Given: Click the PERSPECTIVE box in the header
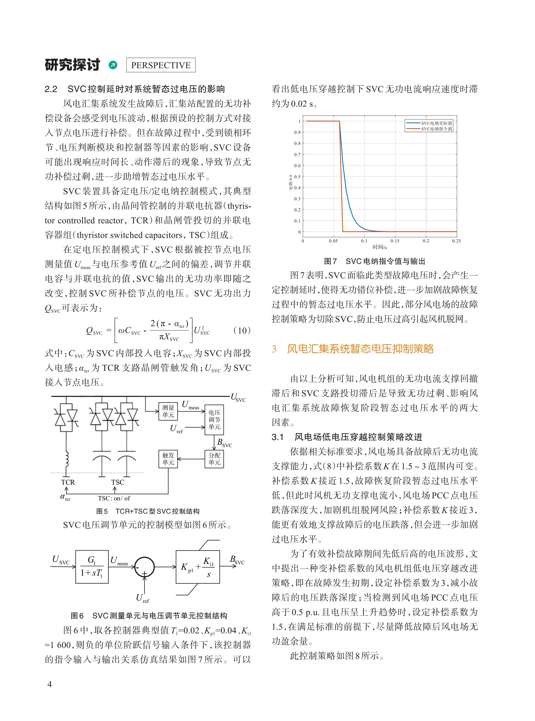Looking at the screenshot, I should (x=161, y=65).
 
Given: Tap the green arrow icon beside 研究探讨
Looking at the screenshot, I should (x=113, y=65).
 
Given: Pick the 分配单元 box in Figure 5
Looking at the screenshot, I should (x=214, y=459).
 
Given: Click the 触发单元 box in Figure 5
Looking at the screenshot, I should (x=168, y=459).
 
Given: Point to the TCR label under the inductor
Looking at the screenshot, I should (x=68, y=482).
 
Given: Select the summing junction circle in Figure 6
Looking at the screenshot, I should (x=144, y=567).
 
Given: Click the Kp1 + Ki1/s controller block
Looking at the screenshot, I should (x=198, y=567).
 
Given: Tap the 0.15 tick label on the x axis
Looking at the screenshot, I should (x=395, y=241).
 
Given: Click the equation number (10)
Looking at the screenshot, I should (x=242, y=330).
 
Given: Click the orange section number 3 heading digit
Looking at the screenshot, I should (x=274, y=349).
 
